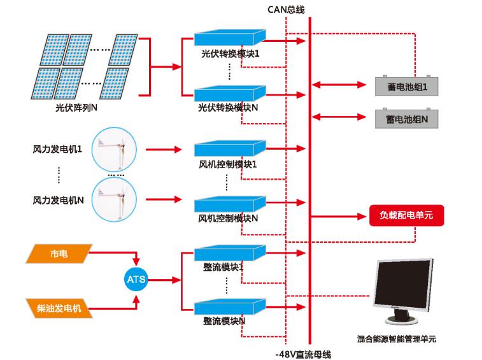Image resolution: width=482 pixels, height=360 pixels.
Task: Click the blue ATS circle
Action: coord(136,280)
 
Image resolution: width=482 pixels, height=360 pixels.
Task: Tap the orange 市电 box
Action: coord(57,254)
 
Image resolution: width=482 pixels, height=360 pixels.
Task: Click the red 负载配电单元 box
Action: coord(406,215)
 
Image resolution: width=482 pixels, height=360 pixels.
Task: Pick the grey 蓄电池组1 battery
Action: coord(406,85)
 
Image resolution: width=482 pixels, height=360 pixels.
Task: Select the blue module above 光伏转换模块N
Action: coord(229,94)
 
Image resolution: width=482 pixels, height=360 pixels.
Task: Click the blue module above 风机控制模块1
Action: coord(229,148)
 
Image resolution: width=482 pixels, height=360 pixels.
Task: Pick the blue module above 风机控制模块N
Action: coord(229,203)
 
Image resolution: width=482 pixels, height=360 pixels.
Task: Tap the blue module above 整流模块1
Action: coord(229,253)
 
